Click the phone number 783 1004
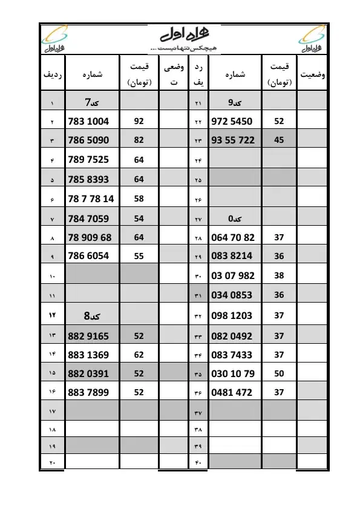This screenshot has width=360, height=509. (x=89, y=121)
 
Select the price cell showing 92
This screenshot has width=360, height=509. (x=139, y=121)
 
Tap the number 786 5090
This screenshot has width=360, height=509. (x=89, y=140)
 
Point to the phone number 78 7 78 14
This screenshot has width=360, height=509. (x=91, y=198)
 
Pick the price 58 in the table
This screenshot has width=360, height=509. (x=139, y=198)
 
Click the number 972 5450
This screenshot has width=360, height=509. (x=232, y=121)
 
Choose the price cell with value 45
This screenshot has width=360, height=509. (x=278, y=140)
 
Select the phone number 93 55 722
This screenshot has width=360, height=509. (x=233, y=140)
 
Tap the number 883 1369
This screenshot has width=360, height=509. (x=89, y=355)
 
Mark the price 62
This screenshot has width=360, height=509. (x=139, y=355)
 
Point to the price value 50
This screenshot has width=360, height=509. (x=278, y=373)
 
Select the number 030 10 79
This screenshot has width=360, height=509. (x=233, y=373)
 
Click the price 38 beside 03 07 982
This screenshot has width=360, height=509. (x=278, y=275)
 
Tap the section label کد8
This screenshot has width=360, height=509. (x=92, y=316)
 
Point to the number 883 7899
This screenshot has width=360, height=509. (x=89, y=392)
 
